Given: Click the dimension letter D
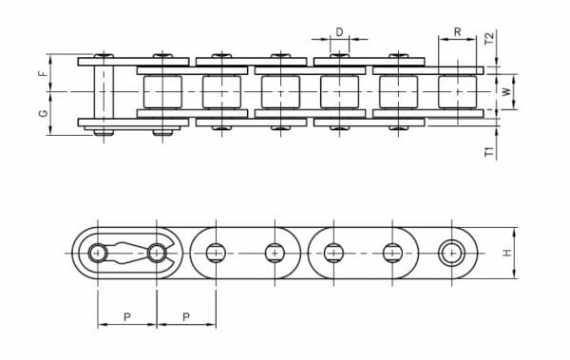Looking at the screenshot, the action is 339,32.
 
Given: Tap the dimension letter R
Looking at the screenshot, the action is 457,32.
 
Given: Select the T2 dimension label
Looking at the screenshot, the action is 490,39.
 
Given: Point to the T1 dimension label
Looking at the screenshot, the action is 490,152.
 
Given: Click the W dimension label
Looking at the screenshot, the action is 506,91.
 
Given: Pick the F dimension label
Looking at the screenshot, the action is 43,73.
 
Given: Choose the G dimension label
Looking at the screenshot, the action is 43,113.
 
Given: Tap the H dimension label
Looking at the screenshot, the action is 506,253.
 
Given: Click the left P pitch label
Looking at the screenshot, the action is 127,317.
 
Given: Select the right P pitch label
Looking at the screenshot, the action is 186,317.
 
